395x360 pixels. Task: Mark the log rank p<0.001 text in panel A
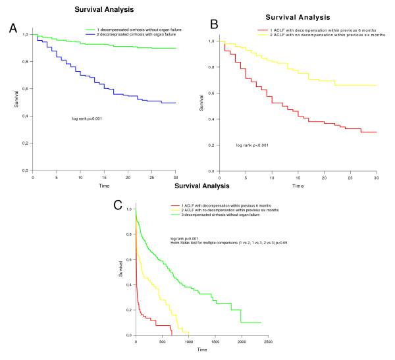coord(86,118)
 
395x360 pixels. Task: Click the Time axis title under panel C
coord(201,349)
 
